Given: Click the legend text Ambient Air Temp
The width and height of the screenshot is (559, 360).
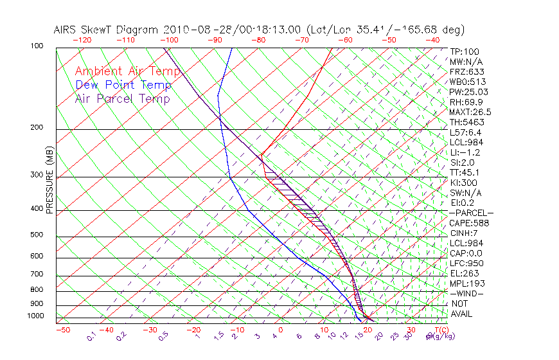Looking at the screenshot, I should pos(127,71).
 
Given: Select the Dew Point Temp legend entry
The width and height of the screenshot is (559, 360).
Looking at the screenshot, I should pos(123,85).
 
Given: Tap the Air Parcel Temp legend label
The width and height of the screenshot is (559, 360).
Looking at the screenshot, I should pos(122,98).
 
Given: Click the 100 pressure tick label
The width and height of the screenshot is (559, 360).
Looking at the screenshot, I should pos(37,46).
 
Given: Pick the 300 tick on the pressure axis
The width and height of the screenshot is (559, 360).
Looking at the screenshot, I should pos(37,175).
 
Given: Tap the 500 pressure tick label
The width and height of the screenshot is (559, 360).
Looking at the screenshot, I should pos(37,235).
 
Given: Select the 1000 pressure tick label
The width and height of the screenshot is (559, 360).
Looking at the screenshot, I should pos(35,316).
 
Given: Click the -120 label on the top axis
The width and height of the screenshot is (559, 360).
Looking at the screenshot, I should pos(82,39).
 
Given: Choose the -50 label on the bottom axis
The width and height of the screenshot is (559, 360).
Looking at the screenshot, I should pos(62,330).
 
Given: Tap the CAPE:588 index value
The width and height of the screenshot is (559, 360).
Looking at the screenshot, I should pos(468,223).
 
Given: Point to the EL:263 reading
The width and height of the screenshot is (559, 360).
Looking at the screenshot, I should pos(463,273).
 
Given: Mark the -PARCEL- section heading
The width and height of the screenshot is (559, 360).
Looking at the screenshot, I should pos(471,213).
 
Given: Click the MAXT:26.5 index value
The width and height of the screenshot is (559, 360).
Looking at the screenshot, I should pos(470,112).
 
